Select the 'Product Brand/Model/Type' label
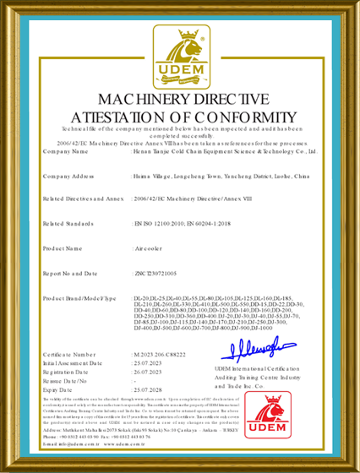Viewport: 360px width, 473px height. [79, 299]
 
